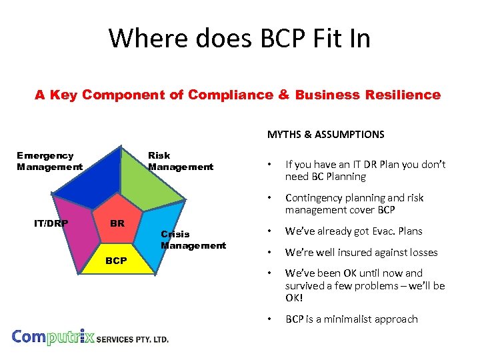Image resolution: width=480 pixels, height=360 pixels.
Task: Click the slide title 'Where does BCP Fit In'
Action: [x=239, y=39]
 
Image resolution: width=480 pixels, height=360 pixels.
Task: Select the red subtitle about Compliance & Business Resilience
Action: [x=237, y=95]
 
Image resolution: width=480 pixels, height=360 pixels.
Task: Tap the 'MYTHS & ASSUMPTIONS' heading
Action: [x=325, y=135]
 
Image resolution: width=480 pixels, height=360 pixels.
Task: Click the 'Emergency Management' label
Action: [x=49, y=161]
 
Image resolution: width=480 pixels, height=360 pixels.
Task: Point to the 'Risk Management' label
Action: [x=180, y=161]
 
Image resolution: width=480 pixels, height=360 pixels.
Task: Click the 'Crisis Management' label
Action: [x=193, y=240]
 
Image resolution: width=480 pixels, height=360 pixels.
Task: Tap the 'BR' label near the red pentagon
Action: [x=117, y=223]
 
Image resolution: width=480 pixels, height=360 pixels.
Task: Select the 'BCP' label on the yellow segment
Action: [x=116, y=261]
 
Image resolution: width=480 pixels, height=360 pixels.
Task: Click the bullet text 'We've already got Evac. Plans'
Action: [x=353, y=231]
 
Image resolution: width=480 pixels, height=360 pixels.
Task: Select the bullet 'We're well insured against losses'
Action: [x=361, y=252]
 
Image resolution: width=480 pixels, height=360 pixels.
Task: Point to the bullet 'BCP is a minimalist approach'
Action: [x=351, y=319]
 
